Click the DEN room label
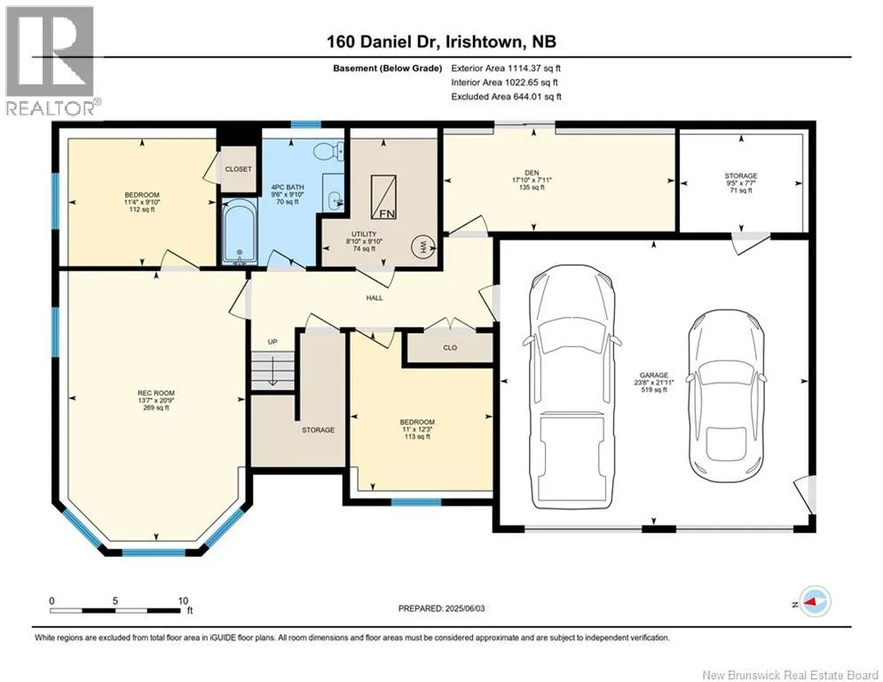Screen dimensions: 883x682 point(532,172)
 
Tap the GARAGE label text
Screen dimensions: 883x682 point(654,375)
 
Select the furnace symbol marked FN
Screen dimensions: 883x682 point(383,197)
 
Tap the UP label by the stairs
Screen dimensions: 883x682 point(272,342)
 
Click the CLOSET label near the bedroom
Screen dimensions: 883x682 point(238,169)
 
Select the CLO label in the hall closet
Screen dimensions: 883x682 point(450,348)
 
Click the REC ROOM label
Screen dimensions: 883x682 point(156,393)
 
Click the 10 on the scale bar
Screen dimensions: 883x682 point(183,601)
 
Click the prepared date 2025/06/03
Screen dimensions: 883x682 point(465,608)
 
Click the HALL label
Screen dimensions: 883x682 point(374,297)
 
